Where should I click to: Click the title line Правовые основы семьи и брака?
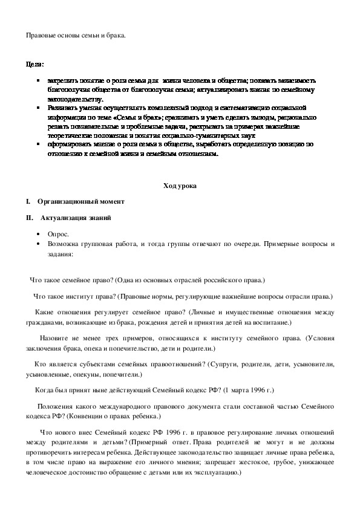click(76, 36)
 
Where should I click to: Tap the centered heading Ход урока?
click(180, 186)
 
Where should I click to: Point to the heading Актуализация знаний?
click(75, 217)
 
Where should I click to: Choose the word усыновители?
click(315, 365)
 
